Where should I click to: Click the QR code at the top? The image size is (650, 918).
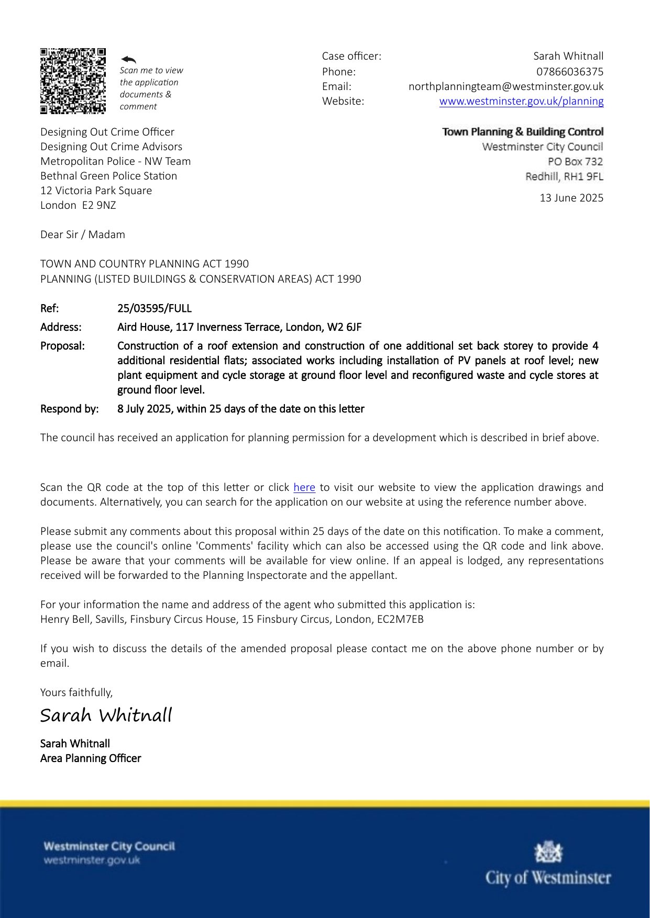73,81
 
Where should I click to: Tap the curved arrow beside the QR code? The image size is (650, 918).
128,60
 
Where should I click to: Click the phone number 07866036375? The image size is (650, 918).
569,71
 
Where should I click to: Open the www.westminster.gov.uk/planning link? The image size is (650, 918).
521,101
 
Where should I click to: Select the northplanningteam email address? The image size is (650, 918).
505,86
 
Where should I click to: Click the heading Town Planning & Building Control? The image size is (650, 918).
523,132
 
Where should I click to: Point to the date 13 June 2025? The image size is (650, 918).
571,198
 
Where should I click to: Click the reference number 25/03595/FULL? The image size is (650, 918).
155,308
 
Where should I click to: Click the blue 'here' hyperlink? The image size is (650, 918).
304,487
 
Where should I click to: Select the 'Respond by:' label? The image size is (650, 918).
69,409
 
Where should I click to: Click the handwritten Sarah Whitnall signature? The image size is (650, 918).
106,715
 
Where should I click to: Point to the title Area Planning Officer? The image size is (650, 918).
91,758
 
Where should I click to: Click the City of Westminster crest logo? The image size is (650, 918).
547,852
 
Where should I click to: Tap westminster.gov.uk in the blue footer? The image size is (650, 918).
92,860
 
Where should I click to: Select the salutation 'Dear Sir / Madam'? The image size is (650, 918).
83,234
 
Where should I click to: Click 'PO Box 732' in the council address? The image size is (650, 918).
575,161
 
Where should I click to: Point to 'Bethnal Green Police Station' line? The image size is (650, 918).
109,176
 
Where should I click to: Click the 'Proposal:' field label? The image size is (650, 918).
62,346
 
